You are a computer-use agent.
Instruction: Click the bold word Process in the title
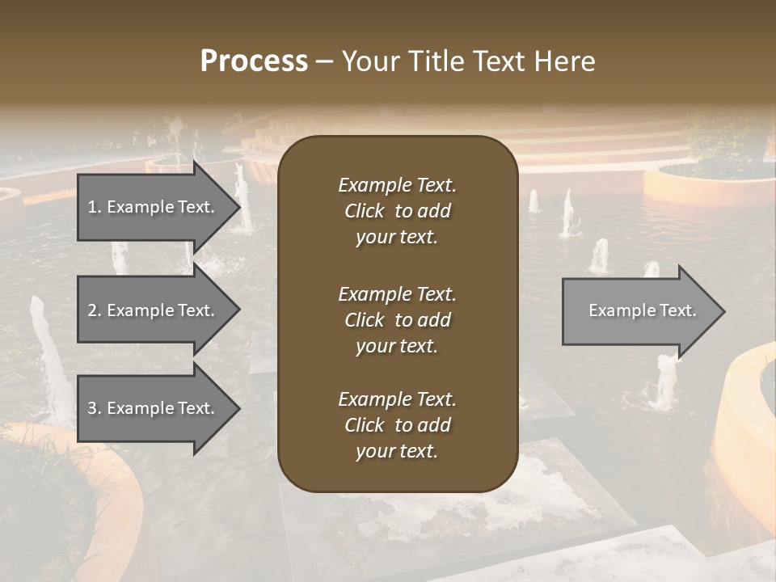point(254,61)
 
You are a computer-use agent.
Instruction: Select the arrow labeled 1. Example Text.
point(154,207)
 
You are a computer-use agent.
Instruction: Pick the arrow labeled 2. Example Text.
point(154,310)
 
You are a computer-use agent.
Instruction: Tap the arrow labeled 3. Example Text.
point(154,408)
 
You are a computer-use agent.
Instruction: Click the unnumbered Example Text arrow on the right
point(642,310)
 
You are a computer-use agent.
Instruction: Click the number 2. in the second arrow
point(94,310)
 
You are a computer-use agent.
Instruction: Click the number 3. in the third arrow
point(94,408)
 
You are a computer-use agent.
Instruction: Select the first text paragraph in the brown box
point(397,211)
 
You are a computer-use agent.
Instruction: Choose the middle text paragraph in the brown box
point(397,320)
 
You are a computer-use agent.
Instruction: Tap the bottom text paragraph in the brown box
point(397,425)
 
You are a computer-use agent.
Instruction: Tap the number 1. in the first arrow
point(94,207)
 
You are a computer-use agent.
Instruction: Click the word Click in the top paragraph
point(364,211)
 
